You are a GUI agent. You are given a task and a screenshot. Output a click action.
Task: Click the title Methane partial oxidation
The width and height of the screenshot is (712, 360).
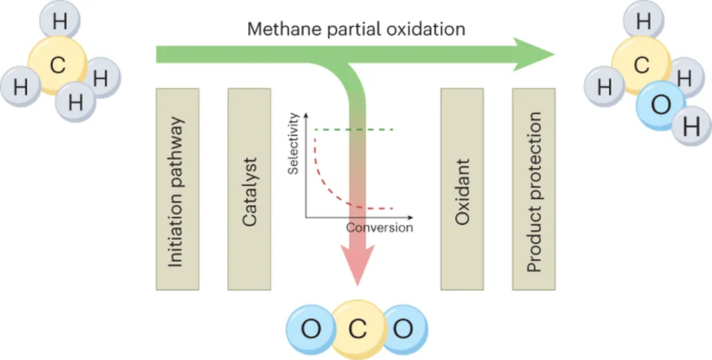(357, 28)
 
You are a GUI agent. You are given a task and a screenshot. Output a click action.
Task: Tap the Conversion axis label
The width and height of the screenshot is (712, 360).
(379, 228)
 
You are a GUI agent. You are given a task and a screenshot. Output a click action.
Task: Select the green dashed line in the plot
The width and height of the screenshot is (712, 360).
(355, 130)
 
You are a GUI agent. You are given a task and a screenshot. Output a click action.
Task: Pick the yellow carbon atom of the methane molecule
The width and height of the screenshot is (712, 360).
(58, 66)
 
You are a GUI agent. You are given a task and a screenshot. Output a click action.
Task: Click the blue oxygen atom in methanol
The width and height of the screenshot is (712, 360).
(661, 105)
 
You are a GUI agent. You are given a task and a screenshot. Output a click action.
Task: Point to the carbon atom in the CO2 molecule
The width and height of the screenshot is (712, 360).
(357, 329)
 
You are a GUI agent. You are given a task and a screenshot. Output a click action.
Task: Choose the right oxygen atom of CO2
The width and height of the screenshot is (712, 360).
(403, 329)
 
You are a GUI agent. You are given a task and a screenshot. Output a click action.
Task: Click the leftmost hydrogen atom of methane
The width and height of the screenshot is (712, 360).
(22, 87)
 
